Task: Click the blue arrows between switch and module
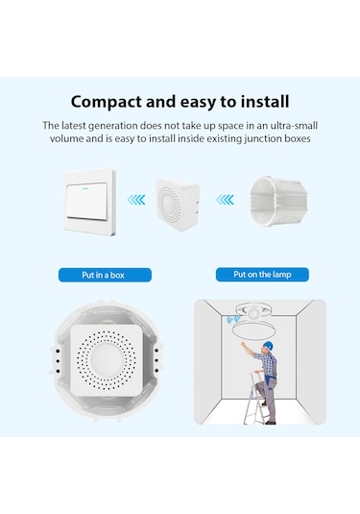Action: click(x=136, y=200)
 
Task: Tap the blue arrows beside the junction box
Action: click(x=224, y=200)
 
